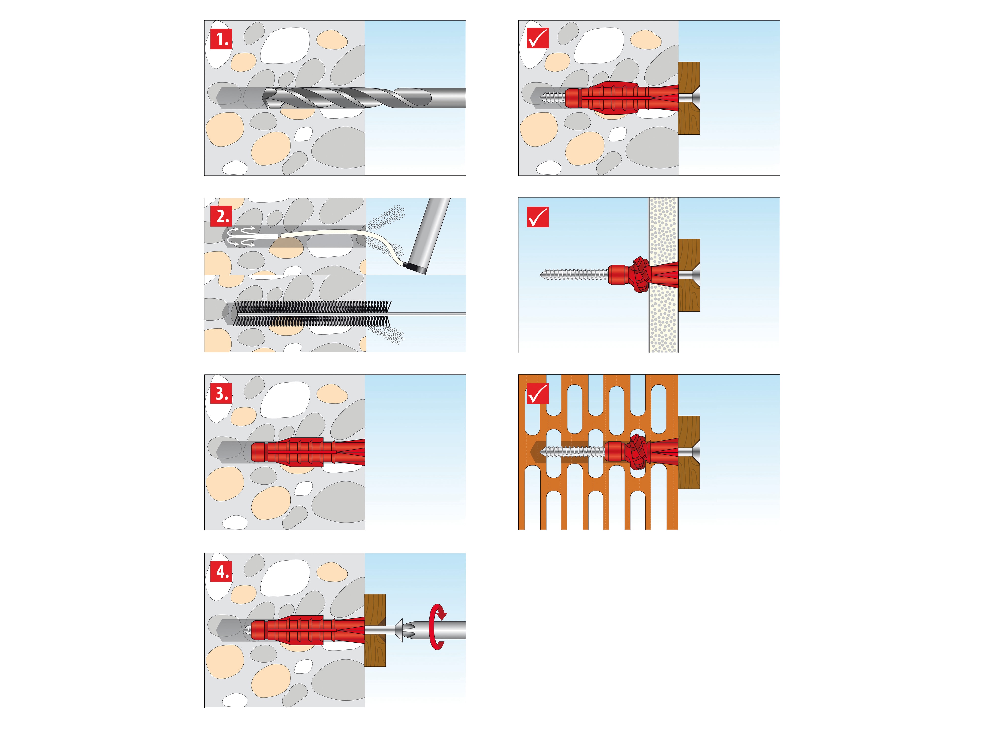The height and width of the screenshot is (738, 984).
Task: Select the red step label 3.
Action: pos(221,394)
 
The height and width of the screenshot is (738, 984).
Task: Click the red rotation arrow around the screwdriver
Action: pos(438,627)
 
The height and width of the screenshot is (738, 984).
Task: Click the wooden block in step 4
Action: pos(375,630)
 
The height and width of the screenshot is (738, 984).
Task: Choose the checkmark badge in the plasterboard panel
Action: pos(537,217)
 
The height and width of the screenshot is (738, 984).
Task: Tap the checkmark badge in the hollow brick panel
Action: pos(537,393)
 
